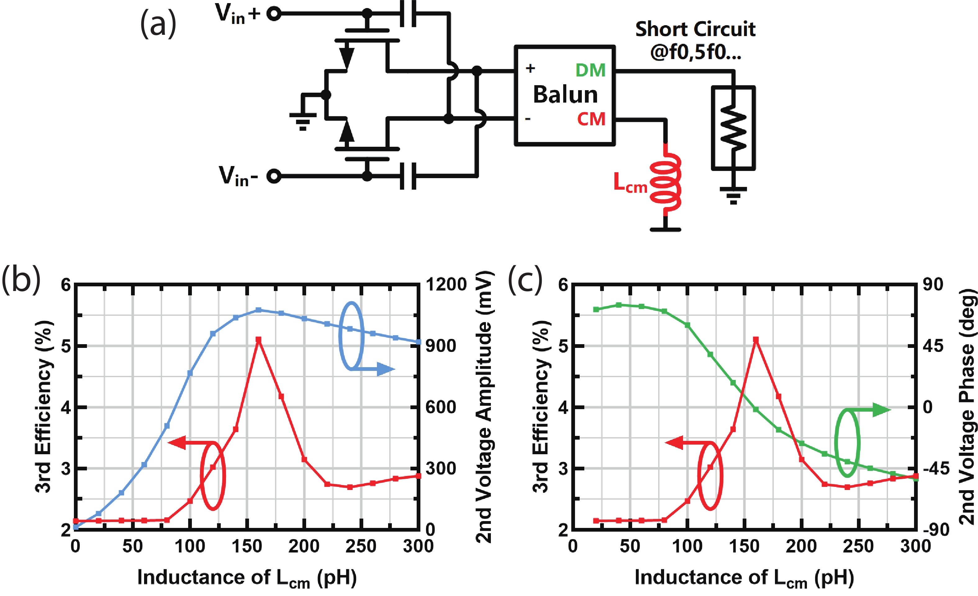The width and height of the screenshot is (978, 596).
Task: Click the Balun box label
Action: tap(565, 95)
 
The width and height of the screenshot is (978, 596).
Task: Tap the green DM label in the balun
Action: tap(591, 70)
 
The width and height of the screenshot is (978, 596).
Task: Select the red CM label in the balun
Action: tap(591, 119)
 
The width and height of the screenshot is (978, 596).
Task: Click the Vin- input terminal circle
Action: tap(274, 176)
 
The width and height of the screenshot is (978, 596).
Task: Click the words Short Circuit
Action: tap(695, 29)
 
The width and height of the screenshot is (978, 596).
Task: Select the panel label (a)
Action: tap(158, 24)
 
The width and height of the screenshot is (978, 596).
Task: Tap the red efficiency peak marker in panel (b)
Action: tap(258, 340)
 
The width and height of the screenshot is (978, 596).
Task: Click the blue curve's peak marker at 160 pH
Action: tap(258, 310)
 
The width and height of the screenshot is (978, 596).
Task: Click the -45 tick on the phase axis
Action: tap(935, 469)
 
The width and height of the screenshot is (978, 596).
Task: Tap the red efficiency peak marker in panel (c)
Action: tap(756, 340)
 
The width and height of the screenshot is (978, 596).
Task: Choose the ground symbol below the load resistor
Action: tap(733, 195)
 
